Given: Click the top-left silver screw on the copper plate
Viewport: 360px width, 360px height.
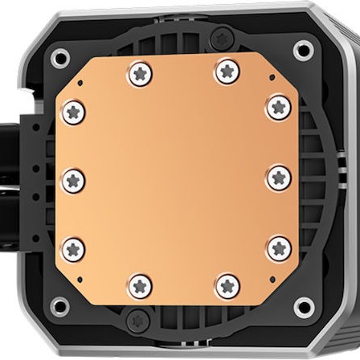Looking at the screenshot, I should pos(141,75).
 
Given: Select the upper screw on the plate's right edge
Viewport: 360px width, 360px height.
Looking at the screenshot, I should pos(278,106).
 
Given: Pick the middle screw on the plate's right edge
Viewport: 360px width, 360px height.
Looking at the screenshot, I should pos(279,178).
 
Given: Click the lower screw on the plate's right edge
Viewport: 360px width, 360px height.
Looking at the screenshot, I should pos(278,248).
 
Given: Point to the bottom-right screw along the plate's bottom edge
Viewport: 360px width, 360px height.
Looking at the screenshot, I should pos(227,284).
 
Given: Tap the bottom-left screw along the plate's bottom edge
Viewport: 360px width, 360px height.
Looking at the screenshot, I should pos(141,284).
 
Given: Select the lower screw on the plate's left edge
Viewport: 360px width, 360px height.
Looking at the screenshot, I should pos(73,248).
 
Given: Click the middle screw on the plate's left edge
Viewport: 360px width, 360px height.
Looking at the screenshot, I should pos(73,180).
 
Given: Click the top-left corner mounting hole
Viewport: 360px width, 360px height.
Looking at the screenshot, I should pos(59,58).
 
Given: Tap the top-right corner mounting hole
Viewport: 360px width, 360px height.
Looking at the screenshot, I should pos(303,51).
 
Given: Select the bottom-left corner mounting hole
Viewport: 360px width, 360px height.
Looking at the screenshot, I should pos(59,306).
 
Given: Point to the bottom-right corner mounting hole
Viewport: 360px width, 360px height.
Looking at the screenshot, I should pos(304,306).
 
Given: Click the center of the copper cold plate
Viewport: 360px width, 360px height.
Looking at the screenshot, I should pos(176,178).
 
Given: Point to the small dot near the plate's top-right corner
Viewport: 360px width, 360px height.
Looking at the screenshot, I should pos(272,78).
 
